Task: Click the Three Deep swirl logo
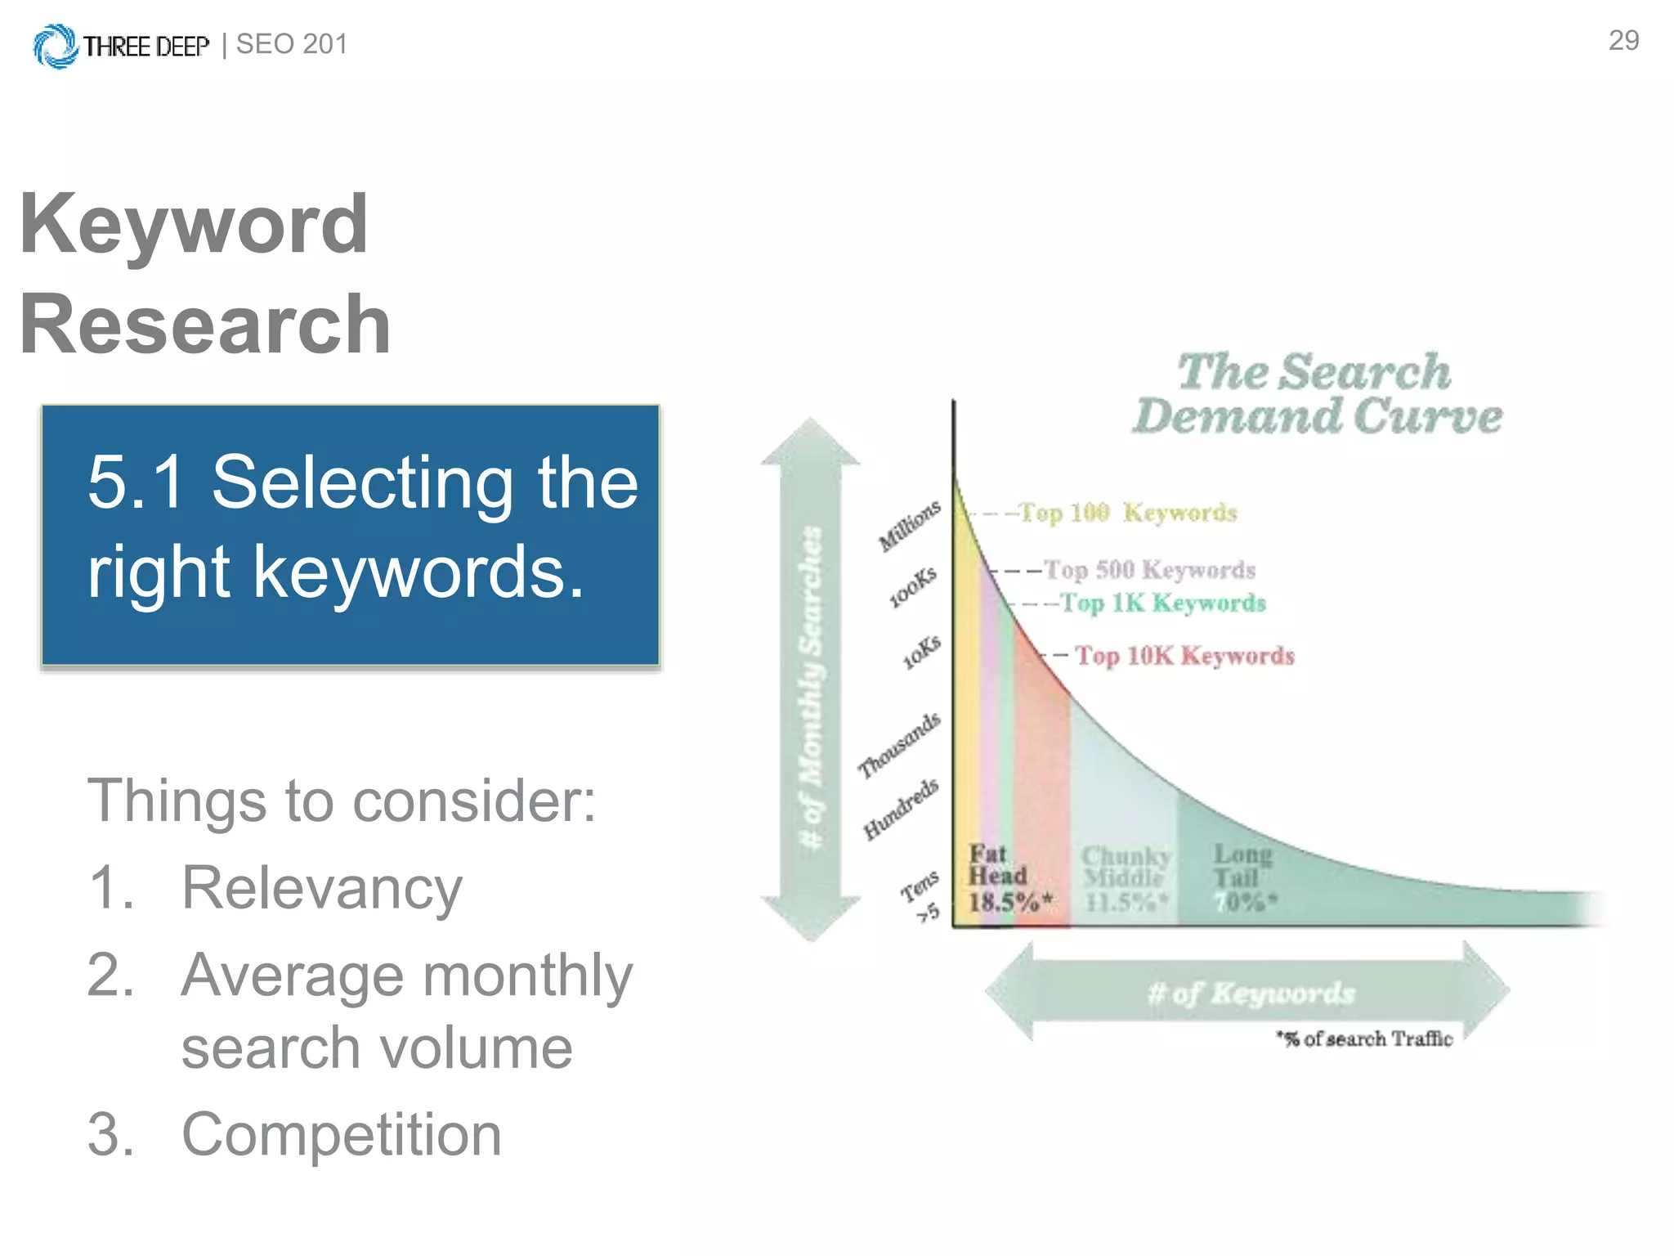(x=55, y=46)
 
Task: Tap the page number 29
(x=1623, y=41)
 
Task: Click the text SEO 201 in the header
(x=292, y=44)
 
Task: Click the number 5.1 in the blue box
(x=136, y=482)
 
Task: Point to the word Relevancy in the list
(x=321, y=887)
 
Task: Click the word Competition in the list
(x=341, y=1134)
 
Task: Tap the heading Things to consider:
(x=342, y=800)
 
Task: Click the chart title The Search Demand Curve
(x=1316, y=394)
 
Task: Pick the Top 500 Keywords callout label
(x=1149, y=569)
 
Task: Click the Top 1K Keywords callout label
(x=1163, y=603)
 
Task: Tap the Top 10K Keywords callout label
(x=1184, y=656)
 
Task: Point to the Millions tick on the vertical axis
(x=909, y=525)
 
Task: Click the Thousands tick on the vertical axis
(x=898, y=745)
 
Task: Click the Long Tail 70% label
(x=1243, y=879)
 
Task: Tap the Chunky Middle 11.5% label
(x=1126, y=879)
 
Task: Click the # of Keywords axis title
(x=1250, y=993)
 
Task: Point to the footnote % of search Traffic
(x=1365, y=1039)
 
